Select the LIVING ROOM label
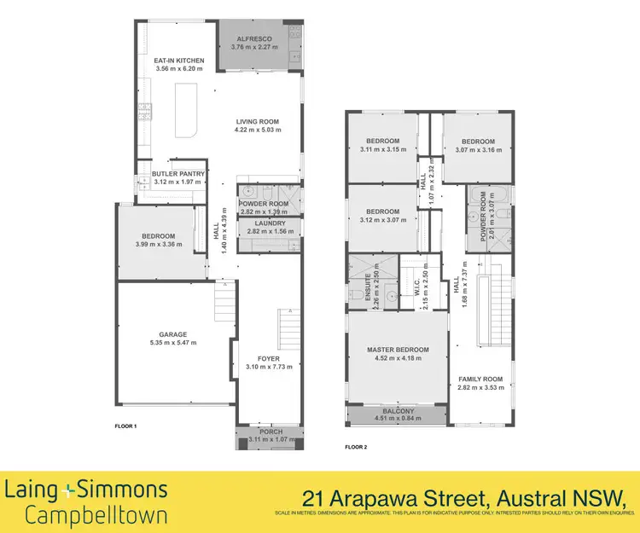tap(258, 122)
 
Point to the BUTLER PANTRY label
tap(177, 174)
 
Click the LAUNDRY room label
tap(269, 223)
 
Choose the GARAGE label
tap(173, 334)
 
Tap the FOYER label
tap(269, 358)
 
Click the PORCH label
tap(269, 432)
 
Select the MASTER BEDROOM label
tap(398, 350)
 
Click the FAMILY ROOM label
tap(480, 379)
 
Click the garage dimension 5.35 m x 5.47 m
tap(173, 343)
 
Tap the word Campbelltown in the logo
tap(96, 515)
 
